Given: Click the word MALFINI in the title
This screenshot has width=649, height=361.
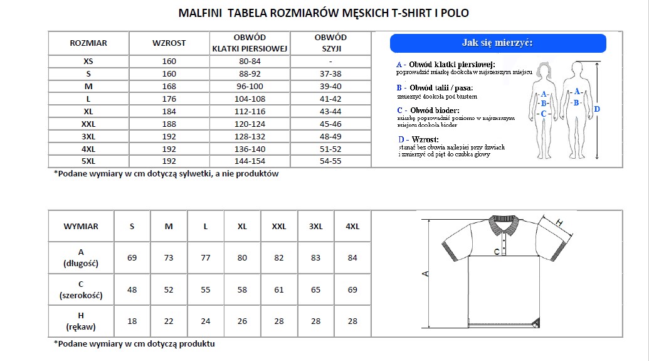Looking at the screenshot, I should (x=201, y=13).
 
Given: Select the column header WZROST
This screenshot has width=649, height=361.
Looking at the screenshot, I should (x=169, y=43).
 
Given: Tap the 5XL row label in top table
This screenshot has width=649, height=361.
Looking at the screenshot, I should (x=88, y=161).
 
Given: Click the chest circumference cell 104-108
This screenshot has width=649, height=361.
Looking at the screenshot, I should (x=250, y=99).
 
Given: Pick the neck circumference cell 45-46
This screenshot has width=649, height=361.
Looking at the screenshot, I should (x=330, y=124).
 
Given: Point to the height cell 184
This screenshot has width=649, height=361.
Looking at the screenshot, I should (x=169, y=111).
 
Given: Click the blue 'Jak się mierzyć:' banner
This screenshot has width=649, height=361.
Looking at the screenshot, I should (x=498, y=43).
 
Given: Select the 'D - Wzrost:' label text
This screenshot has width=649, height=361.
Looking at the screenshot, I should (x=418, y=139).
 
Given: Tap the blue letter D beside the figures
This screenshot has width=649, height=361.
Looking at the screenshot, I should (x=597, y=109).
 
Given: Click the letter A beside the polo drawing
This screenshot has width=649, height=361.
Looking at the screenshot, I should (x=425, y=274).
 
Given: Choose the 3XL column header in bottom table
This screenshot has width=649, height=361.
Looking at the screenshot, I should (x=315, y=226).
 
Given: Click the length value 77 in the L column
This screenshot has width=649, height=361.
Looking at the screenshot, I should (x=206, y=258).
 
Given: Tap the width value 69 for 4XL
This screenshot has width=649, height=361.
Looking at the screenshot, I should (x=352, y=290).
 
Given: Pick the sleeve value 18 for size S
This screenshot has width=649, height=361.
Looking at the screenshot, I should (x=132, y=321).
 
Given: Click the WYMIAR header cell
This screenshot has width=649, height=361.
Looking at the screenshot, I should (x=81, y=226).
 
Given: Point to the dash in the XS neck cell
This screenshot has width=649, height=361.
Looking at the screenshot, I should (x=330, y=62).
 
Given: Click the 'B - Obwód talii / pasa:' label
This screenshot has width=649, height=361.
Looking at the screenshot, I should (x=435, y=87).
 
